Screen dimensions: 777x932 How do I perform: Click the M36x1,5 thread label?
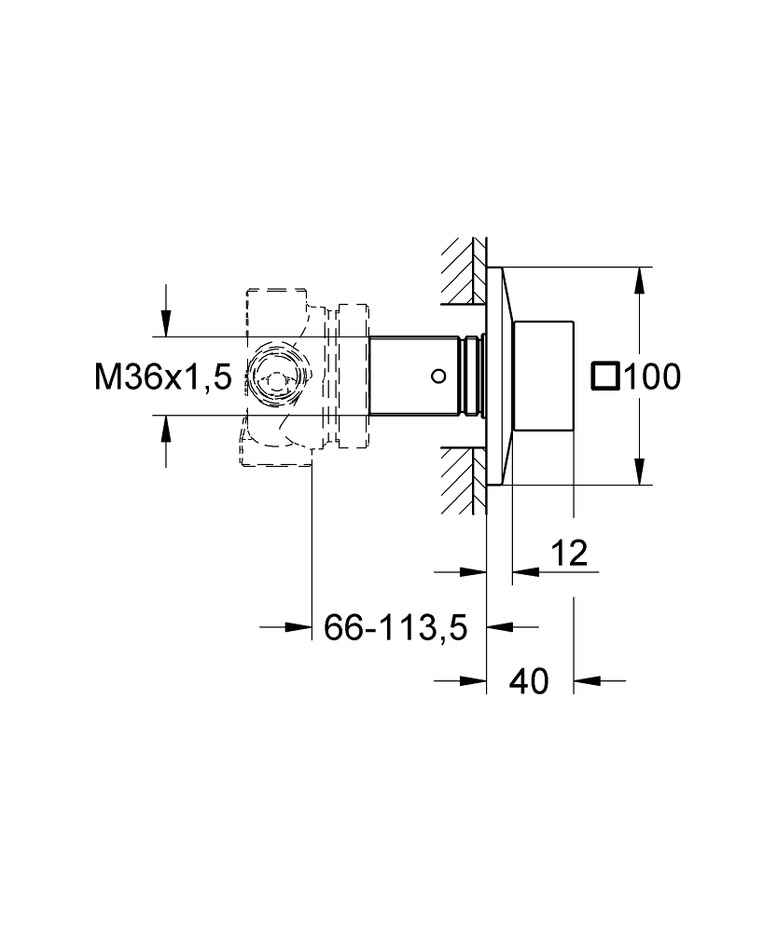(162, 377)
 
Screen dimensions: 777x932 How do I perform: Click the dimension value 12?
(569, 553)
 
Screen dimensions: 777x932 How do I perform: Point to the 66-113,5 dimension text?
(395, 627)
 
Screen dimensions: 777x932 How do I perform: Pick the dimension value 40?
(529, 681)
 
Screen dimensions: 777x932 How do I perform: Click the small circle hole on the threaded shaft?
(438, 376)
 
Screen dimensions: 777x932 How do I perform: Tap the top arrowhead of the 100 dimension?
(639, 280)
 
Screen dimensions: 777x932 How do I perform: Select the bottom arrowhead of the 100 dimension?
(639, 472)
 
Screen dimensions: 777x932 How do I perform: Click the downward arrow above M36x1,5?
(166, 324)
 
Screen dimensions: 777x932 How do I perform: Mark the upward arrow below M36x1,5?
(166, 428)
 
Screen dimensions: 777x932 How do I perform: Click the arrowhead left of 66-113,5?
(298, 626)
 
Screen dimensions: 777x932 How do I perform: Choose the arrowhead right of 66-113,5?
(500, 626)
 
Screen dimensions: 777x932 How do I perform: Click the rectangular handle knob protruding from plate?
(543, 376)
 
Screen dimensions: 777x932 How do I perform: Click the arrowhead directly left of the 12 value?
(474, 572)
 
